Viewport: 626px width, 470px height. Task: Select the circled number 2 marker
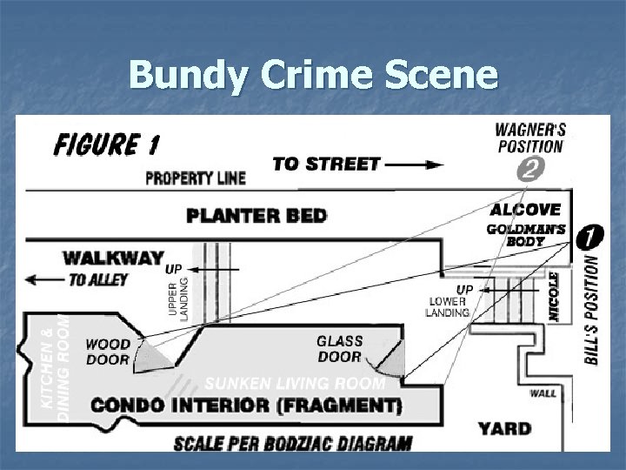[x=528, y=170]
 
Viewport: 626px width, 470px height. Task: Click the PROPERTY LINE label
[x=195, y=178]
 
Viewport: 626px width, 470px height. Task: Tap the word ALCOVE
[x=525, y=210]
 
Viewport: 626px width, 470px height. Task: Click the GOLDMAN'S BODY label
[x=526, y=235]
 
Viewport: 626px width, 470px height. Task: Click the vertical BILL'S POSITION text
[x=592, y=310]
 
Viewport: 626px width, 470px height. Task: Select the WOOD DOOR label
[x=108, y=352]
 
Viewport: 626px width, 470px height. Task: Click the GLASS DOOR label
[x=340, y=349]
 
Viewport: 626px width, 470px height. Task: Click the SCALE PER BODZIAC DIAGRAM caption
[x=292, y=442]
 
